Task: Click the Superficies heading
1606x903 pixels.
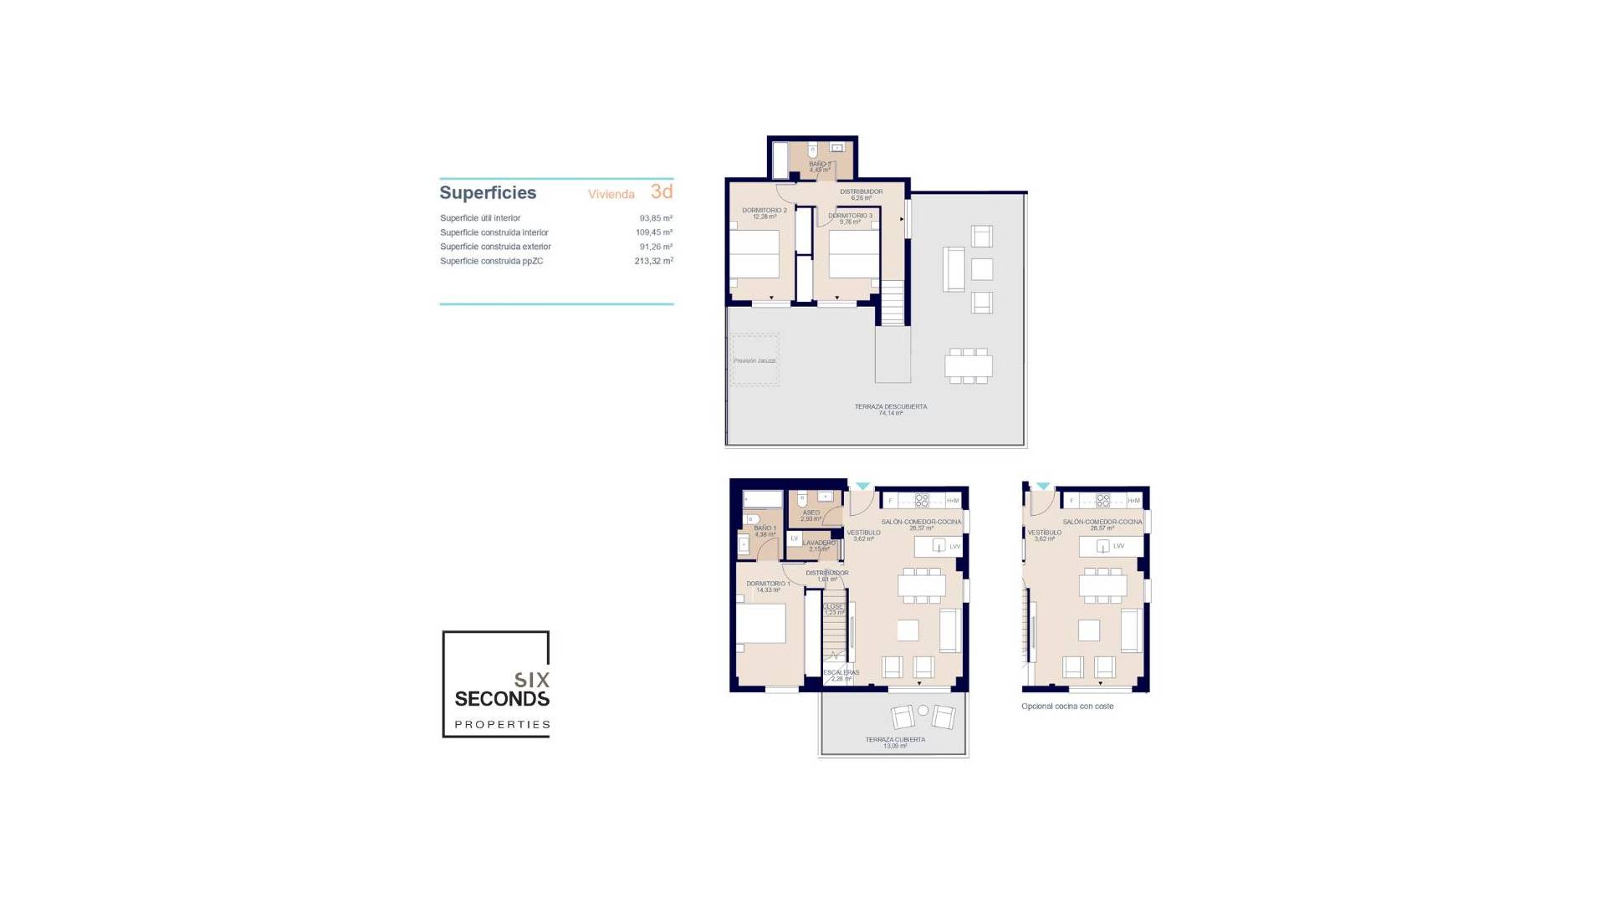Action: click(x=488, y=193)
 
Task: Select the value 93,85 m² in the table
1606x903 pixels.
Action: click(x=656, y=218)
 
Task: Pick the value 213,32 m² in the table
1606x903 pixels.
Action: click(x=653, y=261)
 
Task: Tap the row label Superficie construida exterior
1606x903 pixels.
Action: click(x=495, y=247)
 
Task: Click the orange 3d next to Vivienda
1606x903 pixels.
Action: click(x=662, y=191)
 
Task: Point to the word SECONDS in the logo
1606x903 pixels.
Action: click(x=502, y=698)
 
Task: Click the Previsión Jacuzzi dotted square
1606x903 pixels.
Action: click(x=755, y=360)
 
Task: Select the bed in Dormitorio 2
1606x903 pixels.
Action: click(x=754, y=254)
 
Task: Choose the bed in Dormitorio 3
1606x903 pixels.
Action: click(x=854, y=254)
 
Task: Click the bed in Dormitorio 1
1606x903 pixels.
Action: click(x=761, y=623)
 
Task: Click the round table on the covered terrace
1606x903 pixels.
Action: click(x=923, y=711)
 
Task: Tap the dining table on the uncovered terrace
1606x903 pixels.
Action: click(x=969, y=366)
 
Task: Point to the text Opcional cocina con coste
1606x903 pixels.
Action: click(x=1067, y=707)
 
